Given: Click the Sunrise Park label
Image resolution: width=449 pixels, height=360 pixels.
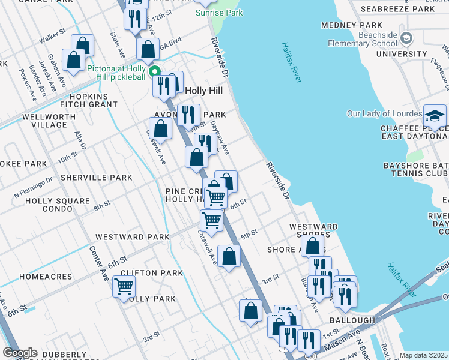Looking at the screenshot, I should [219, 13].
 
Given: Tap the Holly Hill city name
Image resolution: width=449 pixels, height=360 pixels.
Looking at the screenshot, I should [203, 91].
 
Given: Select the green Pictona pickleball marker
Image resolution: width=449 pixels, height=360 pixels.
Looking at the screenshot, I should [154, 70].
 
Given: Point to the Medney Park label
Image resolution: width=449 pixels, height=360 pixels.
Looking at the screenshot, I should [351, 25].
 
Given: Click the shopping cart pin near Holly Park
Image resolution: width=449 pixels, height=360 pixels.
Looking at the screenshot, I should [124, 287].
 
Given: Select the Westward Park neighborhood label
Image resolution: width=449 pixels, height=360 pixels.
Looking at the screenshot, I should [132, 237].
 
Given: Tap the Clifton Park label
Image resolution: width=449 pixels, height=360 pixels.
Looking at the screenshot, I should [151, 273].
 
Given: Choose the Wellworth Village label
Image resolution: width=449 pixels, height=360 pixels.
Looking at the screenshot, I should [45, 121].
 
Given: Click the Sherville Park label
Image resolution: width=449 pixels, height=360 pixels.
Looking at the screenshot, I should [96, 178].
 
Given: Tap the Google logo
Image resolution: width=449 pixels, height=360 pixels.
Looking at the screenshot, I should [20, 353].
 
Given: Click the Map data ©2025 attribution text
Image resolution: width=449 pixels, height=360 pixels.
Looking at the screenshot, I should [424, 355].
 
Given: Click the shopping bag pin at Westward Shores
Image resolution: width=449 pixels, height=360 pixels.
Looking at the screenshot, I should [313, 245].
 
